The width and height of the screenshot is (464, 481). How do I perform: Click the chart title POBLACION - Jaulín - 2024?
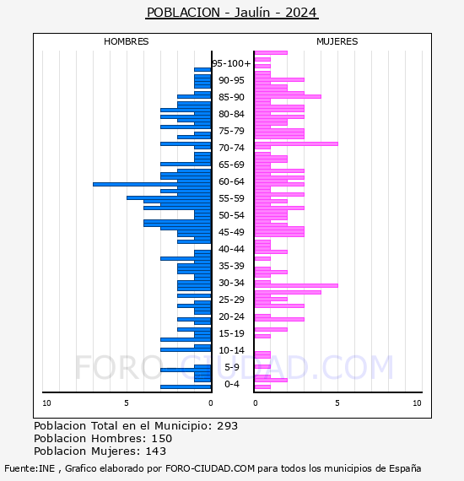click(232, 13)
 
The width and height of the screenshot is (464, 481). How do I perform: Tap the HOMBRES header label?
click(126, 41)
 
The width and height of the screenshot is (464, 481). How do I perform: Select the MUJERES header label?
click(337, 41)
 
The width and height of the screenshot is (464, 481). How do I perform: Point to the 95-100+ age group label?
click(231, 63)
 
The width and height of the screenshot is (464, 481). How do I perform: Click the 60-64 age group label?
click(231, 181)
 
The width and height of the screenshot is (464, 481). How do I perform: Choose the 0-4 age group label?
click(232, 384)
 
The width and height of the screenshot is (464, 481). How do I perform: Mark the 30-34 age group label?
click(231, 283)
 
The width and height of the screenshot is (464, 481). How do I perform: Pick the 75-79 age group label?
click(231, 131)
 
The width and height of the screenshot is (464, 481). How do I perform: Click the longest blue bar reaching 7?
click(152, 184)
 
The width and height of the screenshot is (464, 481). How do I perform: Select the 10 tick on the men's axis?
click(46, 403)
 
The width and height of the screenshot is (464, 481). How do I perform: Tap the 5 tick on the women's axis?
click(337, 403)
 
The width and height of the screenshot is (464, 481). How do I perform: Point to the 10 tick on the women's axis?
click(417, 403)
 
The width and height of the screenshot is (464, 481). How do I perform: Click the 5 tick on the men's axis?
click(127, 403)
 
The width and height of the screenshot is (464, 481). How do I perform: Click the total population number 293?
click(227, 426)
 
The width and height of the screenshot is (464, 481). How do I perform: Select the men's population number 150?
click(162, 438)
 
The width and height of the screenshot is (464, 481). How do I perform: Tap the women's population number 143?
click(156, 451)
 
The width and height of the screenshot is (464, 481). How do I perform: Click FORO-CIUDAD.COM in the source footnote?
click(210, 468)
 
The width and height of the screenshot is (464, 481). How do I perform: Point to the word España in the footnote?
click(405, 469)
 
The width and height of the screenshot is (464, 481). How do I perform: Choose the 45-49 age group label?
click(231, 232)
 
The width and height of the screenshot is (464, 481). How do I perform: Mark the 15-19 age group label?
click(231, 333)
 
